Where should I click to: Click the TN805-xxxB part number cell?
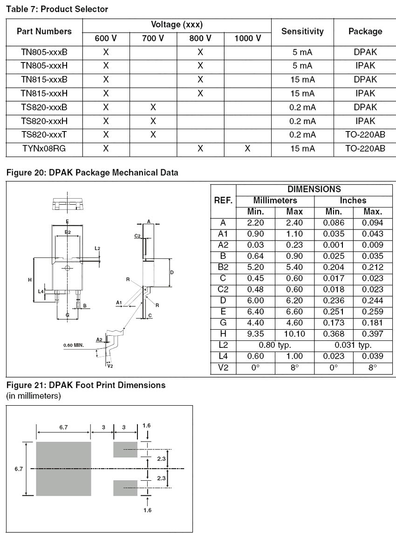pos(44,52)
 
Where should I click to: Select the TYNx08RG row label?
pos(44,149)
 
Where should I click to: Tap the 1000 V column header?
pos(247,39)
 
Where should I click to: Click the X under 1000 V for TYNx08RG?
pos(247,149)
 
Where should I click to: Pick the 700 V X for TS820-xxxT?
pos(153,135)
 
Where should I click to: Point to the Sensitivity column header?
pos(302,32)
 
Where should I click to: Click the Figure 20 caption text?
pos(92,173)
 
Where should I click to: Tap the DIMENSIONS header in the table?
pos(314,189)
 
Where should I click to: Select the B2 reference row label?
pos(223,267)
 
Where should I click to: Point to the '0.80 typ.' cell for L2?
pos(275,345)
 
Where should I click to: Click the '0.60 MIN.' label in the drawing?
pos(74,346)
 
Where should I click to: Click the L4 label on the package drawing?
pos(41,291)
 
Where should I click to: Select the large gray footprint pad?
pos(63,469)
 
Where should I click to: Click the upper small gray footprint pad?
pos(126,450)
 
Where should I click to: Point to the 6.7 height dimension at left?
pos(19,469)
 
